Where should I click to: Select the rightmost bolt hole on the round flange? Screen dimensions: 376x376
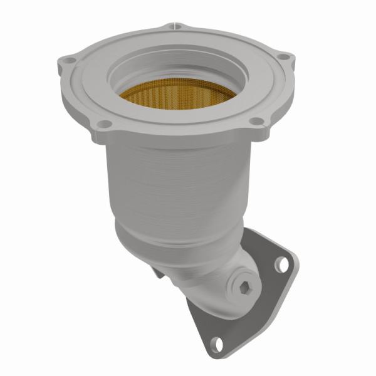(x=285, y=58)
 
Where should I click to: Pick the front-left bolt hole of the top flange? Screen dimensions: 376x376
(x=106, y=123)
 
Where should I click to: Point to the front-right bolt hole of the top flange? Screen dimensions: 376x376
(x=256, y=121)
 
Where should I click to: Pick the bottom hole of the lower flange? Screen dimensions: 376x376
(x=216, y=343)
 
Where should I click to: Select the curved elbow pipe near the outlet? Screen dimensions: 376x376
(x=207, y=282)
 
